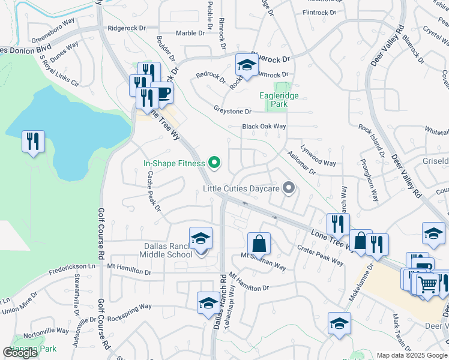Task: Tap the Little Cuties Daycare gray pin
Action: point(289,188)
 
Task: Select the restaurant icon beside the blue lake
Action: point(32,142)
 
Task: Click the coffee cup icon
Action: point(163,93)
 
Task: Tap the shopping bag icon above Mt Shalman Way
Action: point(259,244)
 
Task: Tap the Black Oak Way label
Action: point(264,127)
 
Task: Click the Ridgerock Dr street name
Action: point(127,28)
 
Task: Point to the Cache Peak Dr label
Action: point(154,191)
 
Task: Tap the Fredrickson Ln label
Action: point(74,265)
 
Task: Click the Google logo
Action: point(20,352)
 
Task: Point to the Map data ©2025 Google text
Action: point(411,355)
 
